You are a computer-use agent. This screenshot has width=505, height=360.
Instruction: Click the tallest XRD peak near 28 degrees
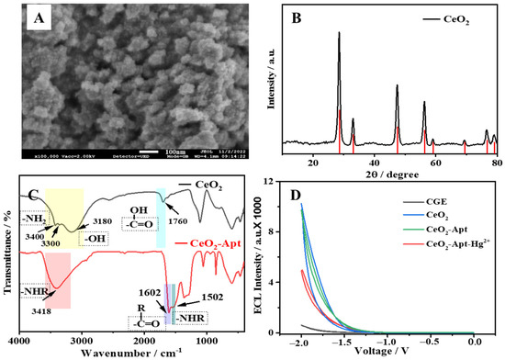click(339, 35)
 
